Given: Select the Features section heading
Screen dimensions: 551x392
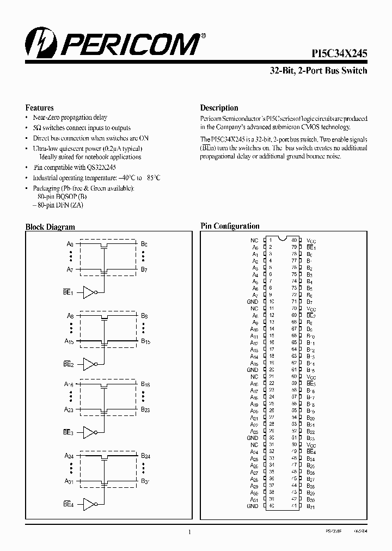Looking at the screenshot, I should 39,108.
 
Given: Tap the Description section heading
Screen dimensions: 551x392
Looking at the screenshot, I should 219,108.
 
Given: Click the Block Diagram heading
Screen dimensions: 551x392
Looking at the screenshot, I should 50,227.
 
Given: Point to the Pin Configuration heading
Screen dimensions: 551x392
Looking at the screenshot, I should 230,226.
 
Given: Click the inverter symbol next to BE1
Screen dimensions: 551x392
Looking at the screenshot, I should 89,292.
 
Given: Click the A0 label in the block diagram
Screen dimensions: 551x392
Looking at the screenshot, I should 69,244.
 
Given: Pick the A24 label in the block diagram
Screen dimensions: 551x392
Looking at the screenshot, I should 69,455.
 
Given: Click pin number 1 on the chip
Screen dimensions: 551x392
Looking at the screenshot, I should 270,240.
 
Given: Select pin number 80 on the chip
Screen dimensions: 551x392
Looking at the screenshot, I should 294,240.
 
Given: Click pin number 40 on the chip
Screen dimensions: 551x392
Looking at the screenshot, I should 270,506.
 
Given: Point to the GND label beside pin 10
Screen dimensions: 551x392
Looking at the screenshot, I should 252,301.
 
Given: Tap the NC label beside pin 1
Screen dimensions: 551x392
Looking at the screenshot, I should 254,240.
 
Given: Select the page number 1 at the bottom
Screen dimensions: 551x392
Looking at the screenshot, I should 189,532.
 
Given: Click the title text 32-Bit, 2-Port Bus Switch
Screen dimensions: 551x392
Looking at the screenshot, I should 318,71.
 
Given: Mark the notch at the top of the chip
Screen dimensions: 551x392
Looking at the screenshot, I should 282,238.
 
